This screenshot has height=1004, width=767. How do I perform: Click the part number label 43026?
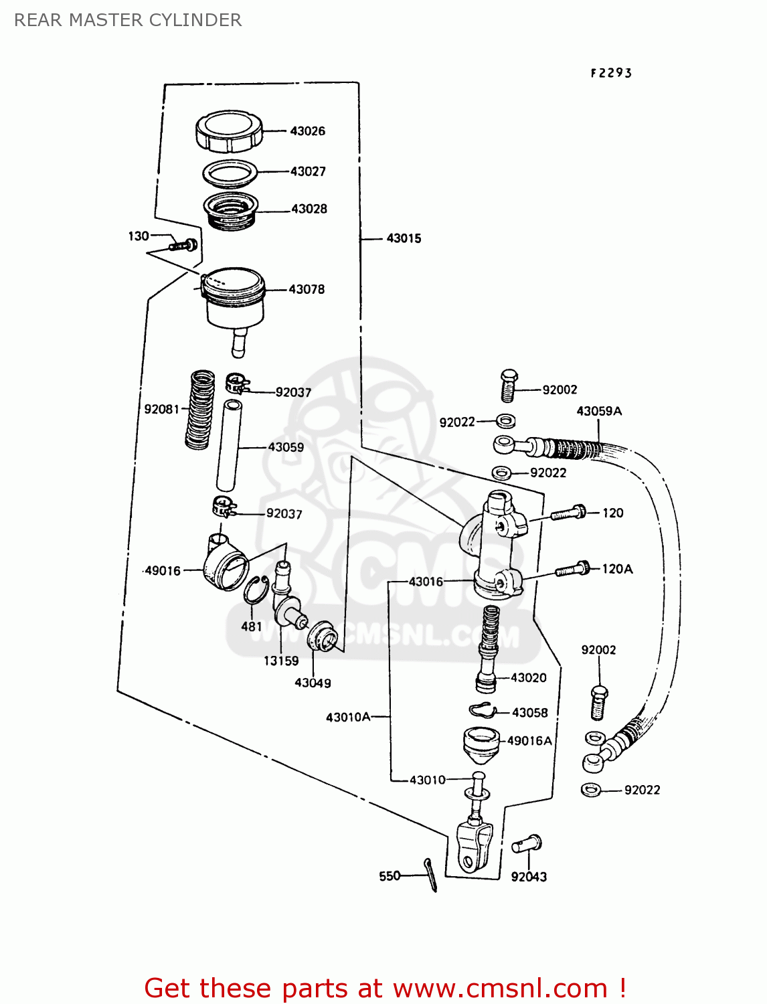pos(307,131)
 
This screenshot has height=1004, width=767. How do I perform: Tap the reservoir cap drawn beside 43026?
pos(228,131)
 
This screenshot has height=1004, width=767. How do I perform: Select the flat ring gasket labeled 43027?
pos(230,173)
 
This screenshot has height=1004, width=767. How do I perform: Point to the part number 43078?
pos(307,289)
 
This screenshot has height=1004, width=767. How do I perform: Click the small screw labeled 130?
pos(183,245)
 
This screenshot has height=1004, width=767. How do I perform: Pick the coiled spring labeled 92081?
pos(199,409)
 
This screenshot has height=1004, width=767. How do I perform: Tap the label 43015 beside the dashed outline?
pos(404,238)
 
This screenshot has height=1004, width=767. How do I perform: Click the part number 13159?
pos(280,661)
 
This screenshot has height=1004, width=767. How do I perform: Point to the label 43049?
pos(313,683)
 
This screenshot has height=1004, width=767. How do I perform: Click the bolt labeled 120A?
pos(572,570)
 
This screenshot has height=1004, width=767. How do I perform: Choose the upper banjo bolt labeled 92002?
pos(509,385)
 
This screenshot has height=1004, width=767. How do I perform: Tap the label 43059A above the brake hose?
pos(599,411)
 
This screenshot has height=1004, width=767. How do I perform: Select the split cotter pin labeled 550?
pos(430,874)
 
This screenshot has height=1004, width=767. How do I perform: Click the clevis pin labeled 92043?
pos(527,845)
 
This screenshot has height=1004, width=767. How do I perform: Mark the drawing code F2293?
pos(610,73)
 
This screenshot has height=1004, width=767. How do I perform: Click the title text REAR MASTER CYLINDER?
pos(128,20)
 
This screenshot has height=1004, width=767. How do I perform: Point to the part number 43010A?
pos(347,717)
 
